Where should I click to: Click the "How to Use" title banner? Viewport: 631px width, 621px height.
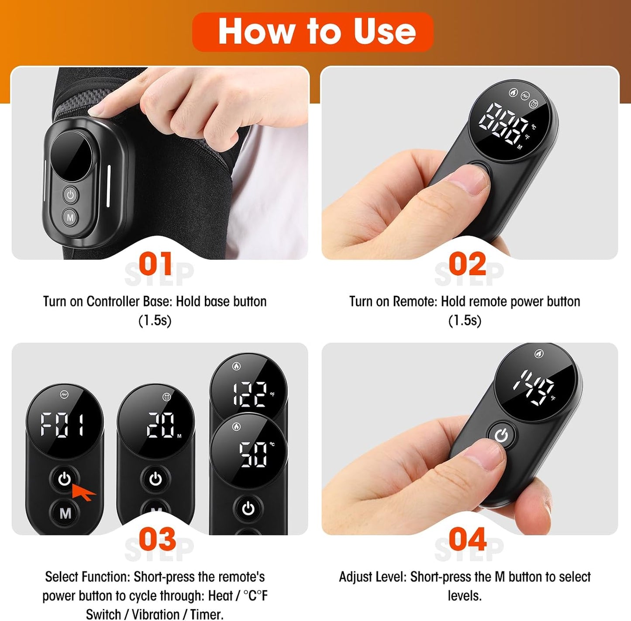[x=313, y=32]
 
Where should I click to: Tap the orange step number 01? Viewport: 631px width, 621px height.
[x=155, y=263]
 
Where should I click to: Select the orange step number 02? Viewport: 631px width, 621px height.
[x=467, y=263]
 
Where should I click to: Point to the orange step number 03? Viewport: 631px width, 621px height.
[x=157, y=539]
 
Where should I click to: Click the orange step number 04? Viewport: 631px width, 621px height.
[x=467, y=539]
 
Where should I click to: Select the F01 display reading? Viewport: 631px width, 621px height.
[x=62, y=425]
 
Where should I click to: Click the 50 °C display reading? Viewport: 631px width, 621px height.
[x=256, y=454]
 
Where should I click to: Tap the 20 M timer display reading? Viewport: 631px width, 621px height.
[x=163, y=425]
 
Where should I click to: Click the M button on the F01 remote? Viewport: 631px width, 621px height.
[x=65, y=513]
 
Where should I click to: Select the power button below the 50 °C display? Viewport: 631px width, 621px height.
[x=248, y=509]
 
